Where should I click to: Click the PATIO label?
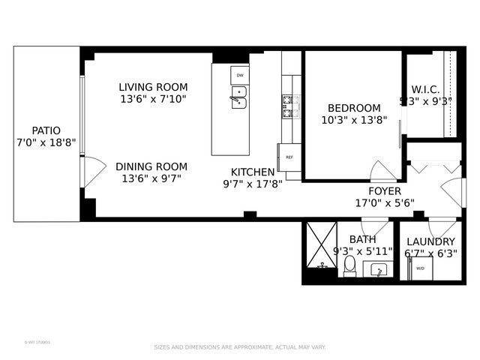[x=46, y=130]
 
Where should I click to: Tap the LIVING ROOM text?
[x=153, y=87]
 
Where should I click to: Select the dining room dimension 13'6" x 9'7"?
[x=152, y=178]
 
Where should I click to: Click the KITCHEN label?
[x=252, y=172]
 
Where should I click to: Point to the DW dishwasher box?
[x=240, y=76]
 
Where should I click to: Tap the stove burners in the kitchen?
[x=290, y=106]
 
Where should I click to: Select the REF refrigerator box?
[x=289, y=157]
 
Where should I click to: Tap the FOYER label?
[x=384, y=190]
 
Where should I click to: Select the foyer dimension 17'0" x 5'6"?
[x=384, y=202]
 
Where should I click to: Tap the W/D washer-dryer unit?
[x=420, y=268]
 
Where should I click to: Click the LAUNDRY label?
[x=430, y=241]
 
